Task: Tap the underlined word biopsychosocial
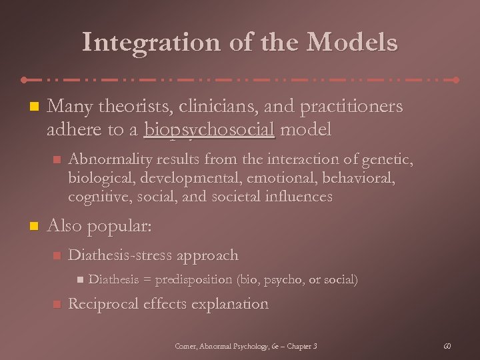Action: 209,129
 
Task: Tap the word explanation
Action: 230,304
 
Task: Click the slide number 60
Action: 447,346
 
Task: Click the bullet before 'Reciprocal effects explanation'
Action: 56,305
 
